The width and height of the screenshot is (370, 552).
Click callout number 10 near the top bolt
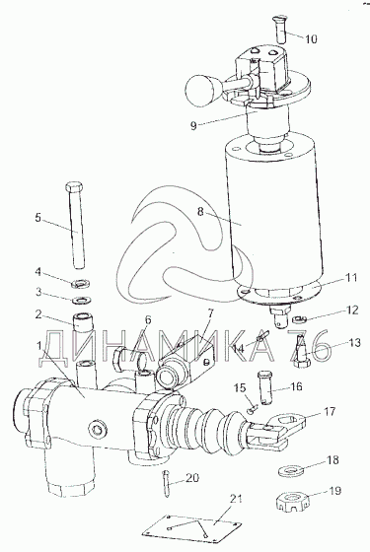[x=311, y=38]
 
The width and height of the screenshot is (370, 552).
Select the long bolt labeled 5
[x=74, y=226]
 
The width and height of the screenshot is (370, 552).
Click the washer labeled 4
[x=81, y=283]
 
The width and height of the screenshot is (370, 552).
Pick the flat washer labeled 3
[x=82, y=301]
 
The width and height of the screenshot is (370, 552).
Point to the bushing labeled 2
[x=85, y=322]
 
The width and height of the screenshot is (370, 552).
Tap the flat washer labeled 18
[x=291, y=471]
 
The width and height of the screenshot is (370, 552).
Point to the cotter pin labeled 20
[x=167, y=483]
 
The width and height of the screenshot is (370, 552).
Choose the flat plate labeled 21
[x=192, y=526]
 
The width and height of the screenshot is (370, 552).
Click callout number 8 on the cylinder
[x=200, y=213]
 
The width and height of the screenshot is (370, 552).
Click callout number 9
[x=193, y=126]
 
